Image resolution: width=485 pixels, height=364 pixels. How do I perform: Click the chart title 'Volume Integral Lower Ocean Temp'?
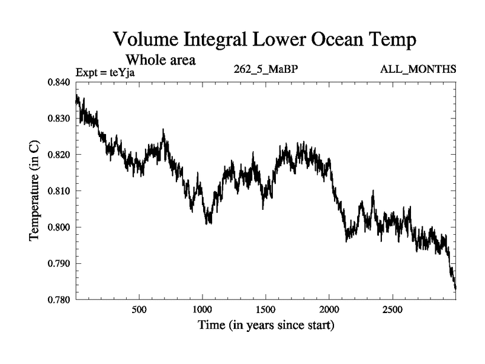click(265, 41)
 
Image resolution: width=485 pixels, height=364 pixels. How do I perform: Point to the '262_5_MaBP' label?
click(266, 69)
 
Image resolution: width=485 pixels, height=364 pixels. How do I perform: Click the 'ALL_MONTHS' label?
click(418, 69)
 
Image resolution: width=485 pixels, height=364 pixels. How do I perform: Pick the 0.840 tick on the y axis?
click(59, 82)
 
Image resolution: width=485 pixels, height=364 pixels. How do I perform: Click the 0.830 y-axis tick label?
click(59, 118)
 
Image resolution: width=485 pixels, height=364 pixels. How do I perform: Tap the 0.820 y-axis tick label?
click(59, 155)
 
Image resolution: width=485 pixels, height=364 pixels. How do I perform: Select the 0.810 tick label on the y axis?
click(59, 191)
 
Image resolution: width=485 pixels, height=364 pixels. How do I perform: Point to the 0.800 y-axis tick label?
click(59, 227)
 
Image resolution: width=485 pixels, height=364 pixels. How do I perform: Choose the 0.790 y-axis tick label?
click(59, 263)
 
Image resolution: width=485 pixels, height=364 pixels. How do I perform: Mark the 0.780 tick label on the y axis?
click(59, 300)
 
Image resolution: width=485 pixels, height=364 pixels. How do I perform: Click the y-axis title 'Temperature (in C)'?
click(35, 190)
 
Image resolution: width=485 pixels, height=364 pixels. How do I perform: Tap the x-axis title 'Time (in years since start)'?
click(266, 326)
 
